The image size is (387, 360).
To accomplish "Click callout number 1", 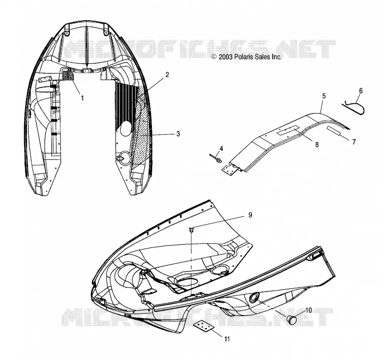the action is [x=82, y=98].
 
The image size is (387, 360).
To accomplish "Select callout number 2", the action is [x=167, y=75].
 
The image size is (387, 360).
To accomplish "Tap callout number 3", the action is [x=178, y=134].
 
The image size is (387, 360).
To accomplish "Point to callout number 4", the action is [x=221, y=148].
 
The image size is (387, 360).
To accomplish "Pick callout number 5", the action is [x=324, y=96].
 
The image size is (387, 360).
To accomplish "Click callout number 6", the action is [x=360, y=91].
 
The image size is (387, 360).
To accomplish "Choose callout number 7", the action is [x=354, y=142].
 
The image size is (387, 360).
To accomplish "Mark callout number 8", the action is [x=317, y=145].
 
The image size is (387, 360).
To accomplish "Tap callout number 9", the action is [x=250, y=215].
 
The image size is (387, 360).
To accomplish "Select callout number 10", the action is [x=309, y=310].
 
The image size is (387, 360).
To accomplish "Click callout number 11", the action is [x=227, y=339].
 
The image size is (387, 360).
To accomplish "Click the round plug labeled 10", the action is [x=292, y=319].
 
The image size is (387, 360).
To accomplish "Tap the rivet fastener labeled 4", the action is [x=216, y=158].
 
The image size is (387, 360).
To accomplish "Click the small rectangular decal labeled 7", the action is [x=335, y=130].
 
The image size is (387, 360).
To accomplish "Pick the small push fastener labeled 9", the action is [x=191, y=230].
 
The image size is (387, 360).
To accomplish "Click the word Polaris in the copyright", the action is [x=243, y=57].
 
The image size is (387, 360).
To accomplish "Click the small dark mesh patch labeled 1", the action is [x=68, y=75].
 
